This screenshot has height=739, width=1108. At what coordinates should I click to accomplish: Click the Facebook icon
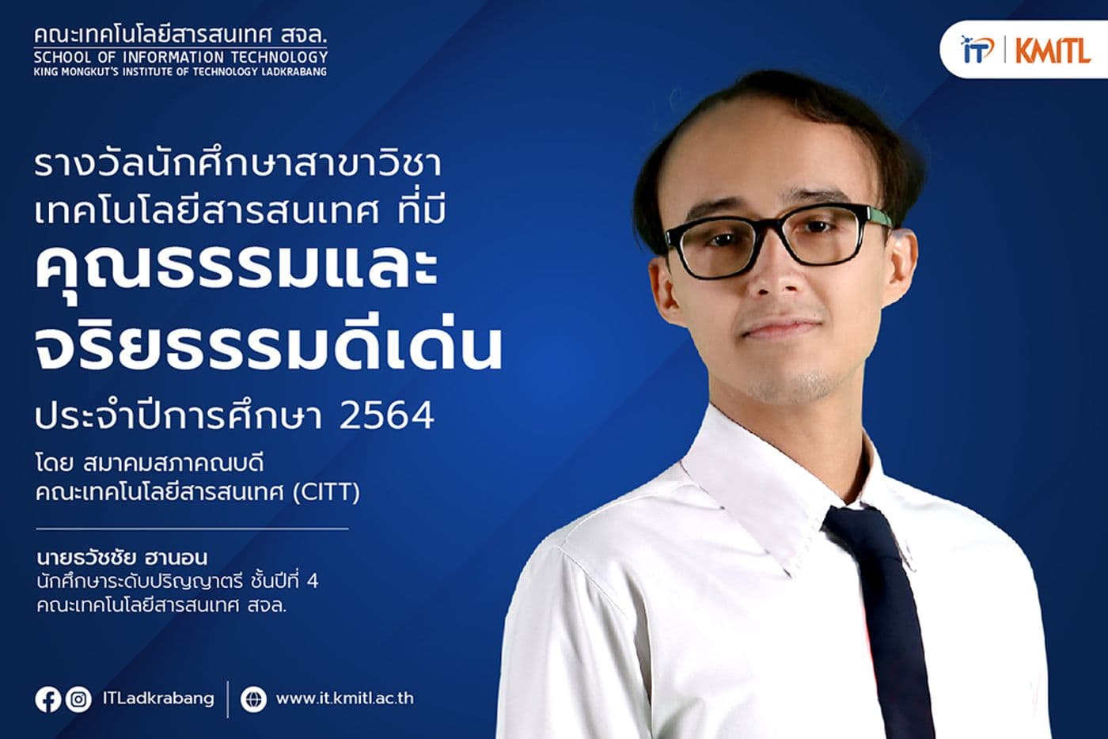[x=47, y=699]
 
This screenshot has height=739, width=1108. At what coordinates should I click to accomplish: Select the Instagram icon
[x=78, y=699]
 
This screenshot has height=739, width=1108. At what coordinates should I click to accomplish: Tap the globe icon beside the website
[x=253, y=699]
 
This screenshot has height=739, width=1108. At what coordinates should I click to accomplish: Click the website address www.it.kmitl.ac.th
[x=344, y=699]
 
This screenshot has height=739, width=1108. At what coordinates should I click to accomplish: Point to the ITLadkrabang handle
[x=158, y=699]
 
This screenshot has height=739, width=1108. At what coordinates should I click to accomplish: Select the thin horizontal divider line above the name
[x=192, y=528]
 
